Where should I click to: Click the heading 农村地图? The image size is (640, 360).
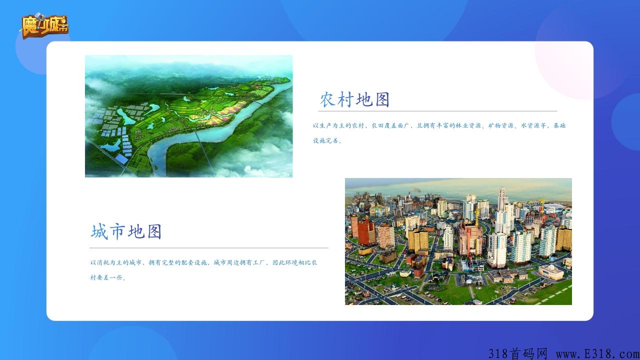(354, 99)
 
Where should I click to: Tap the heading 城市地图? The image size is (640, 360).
(126, 231)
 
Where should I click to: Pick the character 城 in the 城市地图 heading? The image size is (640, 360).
(99, 231)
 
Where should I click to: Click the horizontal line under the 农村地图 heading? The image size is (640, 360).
(437, 111)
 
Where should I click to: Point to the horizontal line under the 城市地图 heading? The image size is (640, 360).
(209, 248)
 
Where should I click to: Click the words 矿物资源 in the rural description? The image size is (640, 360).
(501, 125)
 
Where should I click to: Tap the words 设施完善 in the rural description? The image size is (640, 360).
(325, 140)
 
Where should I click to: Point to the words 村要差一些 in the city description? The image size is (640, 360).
(106, 277)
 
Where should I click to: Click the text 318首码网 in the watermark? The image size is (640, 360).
(517, 353)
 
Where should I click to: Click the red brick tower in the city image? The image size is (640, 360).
(366, 231)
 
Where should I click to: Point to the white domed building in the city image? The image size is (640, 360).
(551, 271)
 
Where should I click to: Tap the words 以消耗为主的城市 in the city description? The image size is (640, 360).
(116, 262)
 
